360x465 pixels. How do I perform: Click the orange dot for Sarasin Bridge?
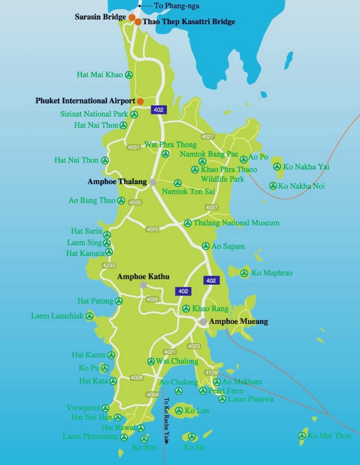131,17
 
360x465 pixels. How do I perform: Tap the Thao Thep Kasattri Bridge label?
189,22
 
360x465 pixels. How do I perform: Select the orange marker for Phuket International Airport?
140,101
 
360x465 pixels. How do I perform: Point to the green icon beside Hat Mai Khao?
129,75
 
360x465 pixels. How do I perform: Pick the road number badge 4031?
133,147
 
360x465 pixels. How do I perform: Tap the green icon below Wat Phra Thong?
165,154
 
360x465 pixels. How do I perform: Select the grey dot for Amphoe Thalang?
153,182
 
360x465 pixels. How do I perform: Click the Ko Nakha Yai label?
306,167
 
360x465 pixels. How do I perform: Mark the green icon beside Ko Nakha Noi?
273,186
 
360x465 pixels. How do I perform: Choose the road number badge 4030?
135,202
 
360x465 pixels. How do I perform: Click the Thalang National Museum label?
236,223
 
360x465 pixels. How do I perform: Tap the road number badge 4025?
152,229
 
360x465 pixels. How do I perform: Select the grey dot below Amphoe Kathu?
143,285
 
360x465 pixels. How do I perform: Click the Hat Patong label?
95,301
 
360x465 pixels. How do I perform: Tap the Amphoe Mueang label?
238,321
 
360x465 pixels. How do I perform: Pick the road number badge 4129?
211,372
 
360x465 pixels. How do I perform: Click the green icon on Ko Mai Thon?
303,436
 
